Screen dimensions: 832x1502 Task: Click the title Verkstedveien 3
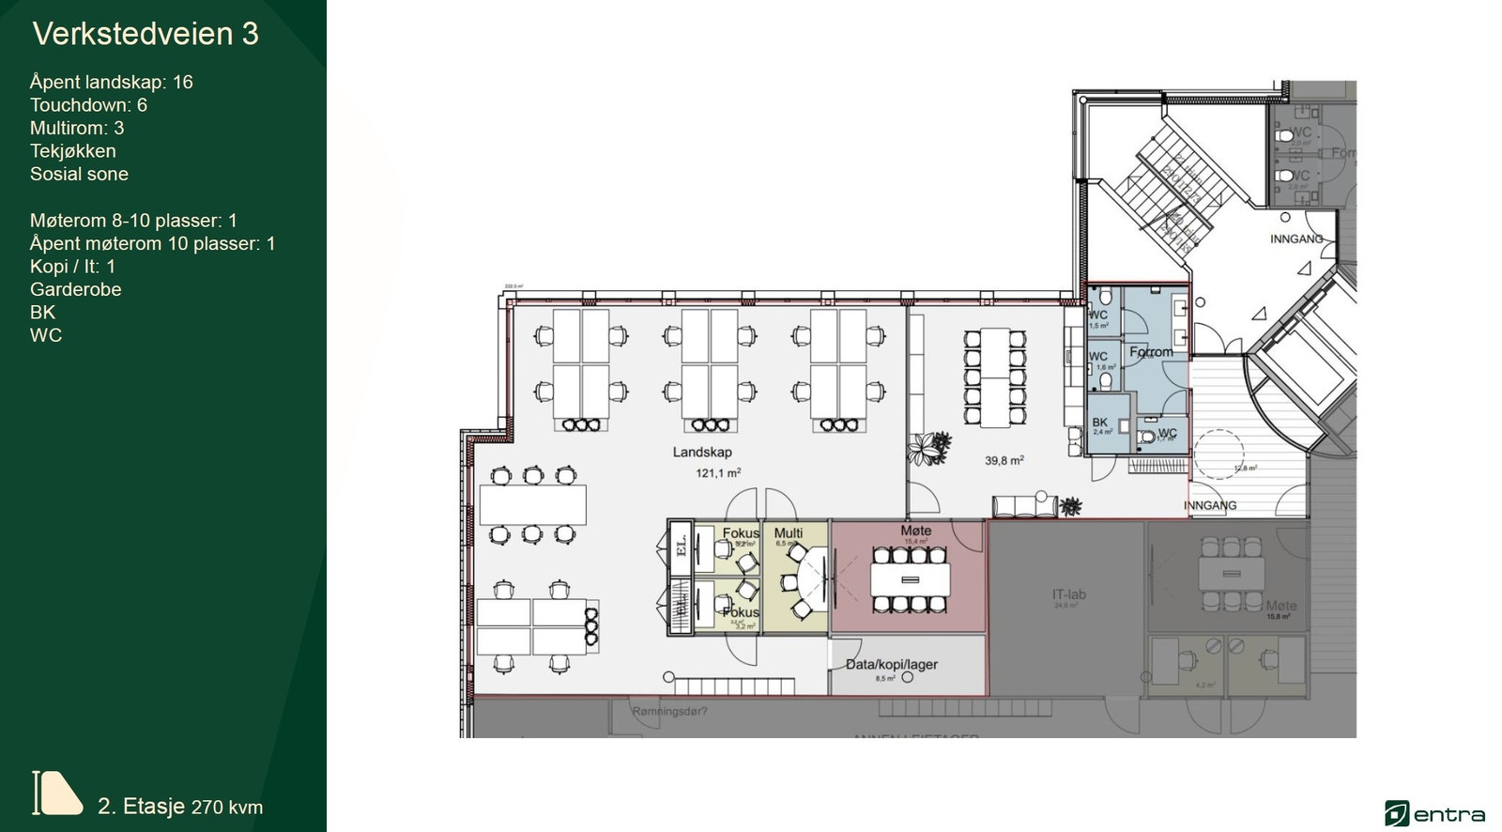pyautogui.click(x=146, y=34)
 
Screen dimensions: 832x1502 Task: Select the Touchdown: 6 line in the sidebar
pyautogui.click(x=88, y=105)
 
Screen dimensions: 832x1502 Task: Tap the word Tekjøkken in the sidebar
pyautogui.click(x=73, y=151)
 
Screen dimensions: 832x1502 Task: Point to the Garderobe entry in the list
pyautogui.click(x=76, y=289)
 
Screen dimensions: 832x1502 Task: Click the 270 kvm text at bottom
pyautogui.click(x=227, y=807)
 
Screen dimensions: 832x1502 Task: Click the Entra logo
pyautogui.click(x=1434, y=813)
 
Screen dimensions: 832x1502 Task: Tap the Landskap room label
pyautogui.click(x=702, y=452)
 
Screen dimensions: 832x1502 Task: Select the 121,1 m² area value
pyautogui.click(x=718, y=473)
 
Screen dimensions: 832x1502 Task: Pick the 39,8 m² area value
pyautogui.click(x=1004, y=461)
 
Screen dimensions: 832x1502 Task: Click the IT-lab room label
pyautogui.click(x=1068, y=594)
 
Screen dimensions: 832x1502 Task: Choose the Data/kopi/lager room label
pyautogui.click(x=891, y=664)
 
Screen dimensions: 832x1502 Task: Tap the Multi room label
pyautogui.click(x=789, y=532)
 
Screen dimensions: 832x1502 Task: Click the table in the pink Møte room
pyautogui.click(x=910, y=579)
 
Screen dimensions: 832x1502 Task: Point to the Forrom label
pyautogui.click(x=1151, y=352)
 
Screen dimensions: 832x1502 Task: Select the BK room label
pyautogui.click(x=1100, y=423)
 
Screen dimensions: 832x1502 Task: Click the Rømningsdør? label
pyautogui.click(x=669, y=712)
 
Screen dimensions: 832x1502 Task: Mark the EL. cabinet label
pyautogui.click(x=682, y=546)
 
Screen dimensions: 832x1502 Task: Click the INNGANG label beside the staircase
pyautogui.click(x=1295, y=239)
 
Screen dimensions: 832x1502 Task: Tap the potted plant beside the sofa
pyautogui.click(x=1070, y=507)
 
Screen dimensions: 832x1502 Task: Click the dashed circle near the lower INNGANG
pyautogui.click(x=1218, y=455)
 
